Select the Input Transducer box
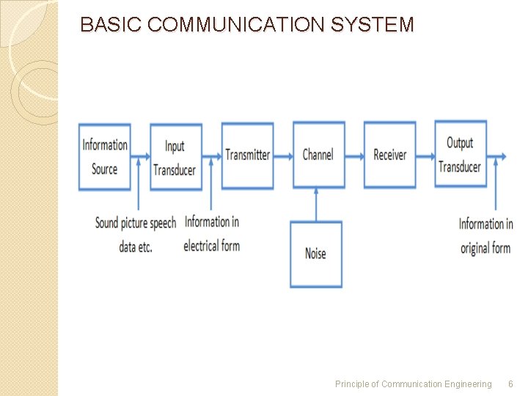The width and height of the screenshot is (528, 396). click(175, 157)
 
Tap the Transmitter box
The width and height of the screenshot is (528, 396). click(247, 155)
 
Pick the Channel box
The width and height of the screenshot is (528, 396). click(318, 155)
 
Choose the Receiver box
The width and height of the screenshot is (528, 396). click(389, 155)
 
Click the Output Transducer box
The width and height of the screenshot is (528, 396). click(460, 154)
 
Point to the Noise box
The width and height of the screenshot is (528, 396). click(315, 254)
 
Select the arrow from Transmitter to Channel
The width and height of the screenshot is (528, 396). click(283, 155)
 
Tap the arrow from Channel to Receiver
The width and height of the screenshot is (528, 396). click(354, 155)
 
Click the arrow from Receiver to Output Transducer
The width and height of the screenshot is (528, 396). click(425, 155)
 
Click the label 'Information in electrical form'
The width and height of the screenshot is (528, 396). click(211, 234)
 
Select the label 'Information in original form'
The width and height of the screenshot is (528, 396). click(485, 236)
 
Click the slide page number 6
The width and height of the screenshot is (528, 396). click(511, 384)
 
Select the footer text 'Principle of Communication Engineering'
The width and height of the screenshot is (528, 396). click(413, 384)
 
